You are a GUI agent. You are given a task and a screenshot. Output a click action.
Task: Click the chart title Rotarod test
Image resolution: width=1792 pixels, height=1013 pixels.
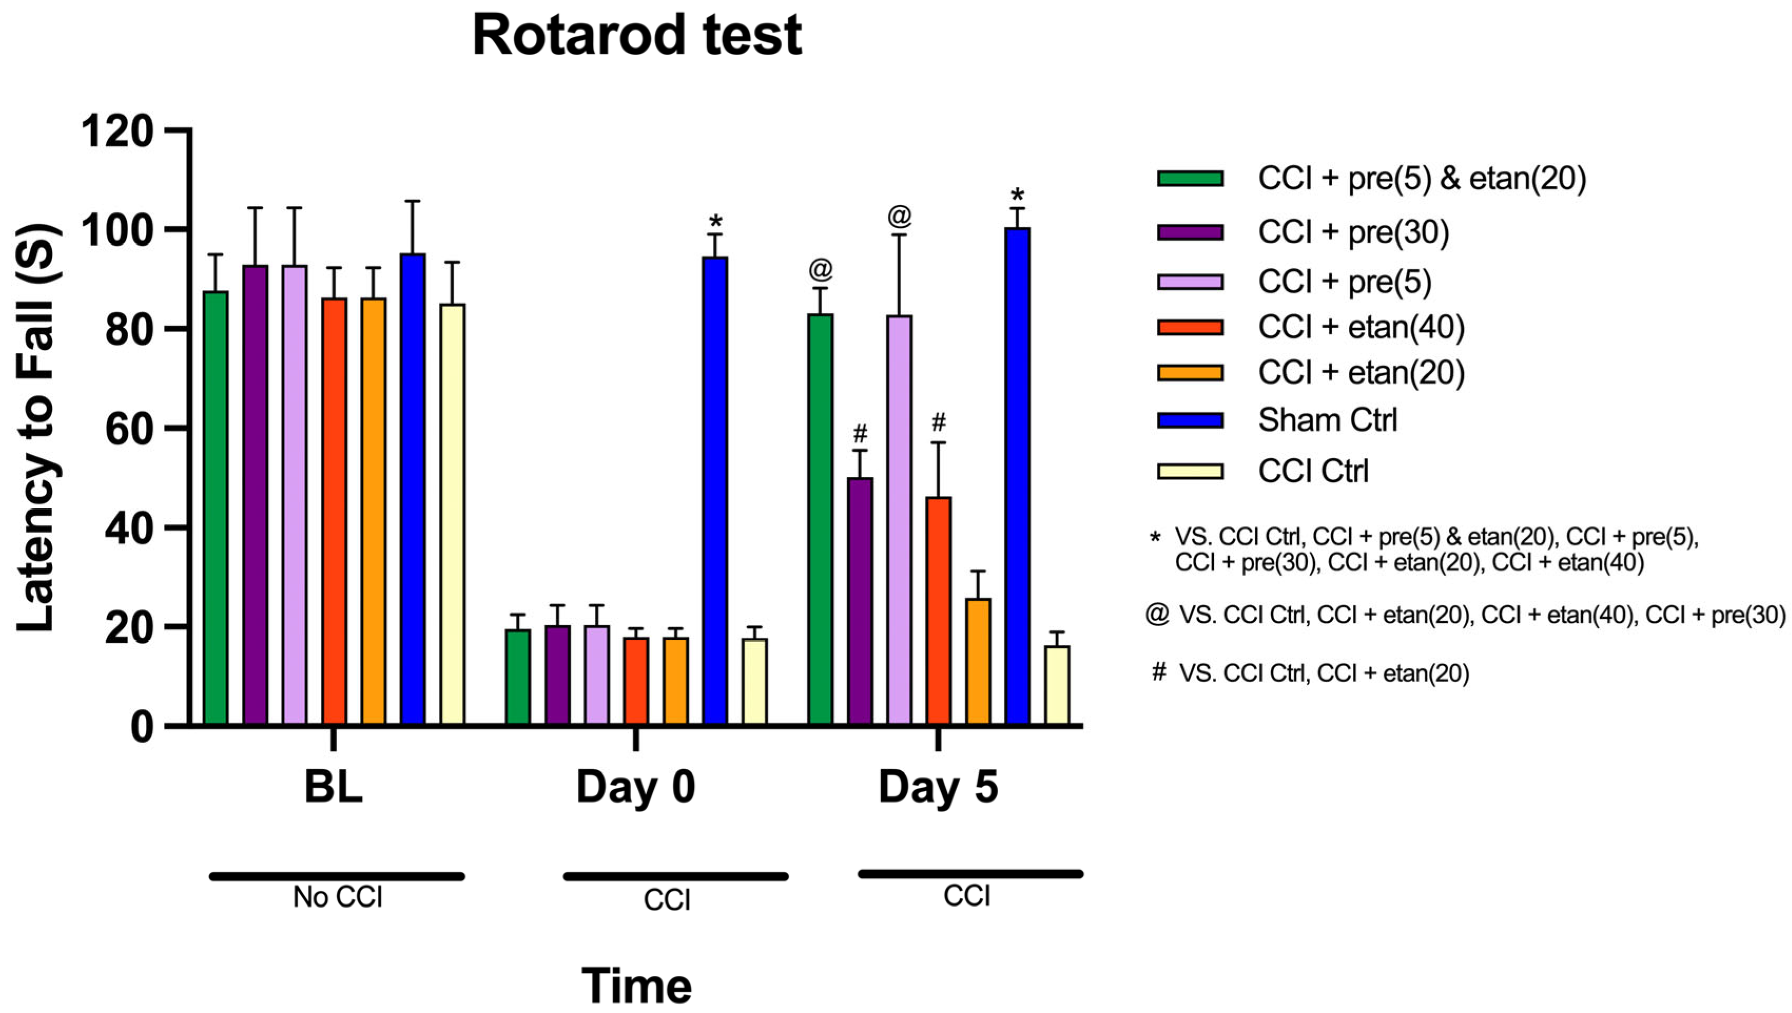click(636, 36)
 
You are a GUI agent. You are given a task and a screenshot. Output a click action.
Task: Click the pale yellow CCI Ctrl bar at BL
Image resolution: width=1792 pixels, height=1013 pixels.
click(452, 515)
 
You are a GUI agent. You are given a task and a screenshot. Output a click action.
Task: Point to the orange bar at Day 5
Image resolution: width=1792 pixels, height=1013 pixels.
click(978, 661)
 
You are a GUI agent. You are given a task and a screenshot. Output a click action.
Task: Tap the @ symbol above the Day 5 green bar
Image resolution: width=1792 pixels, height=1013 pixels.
click(821, 269)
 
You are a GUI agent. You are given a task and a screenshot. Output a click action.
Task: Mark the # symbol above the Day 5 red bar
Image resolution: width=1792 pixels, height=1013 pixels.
click(938, 422)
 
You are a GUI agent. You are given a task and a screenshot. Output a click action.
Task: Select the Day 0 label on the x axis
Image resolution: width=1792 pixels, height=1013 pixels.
click(635, 787)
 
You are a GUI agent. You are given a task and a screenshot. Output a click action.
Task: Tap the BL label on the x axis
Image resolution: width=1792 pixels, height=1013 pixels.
click(333, 787)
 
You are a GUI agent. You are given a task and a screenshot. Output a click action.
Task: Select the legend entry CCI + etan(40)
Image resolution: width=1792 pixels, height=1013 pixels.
click(1360, 327)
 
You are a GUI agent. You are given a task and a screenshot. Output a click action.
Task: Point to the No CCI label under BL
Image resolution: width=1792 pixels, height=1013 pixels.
click(337, 898)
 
